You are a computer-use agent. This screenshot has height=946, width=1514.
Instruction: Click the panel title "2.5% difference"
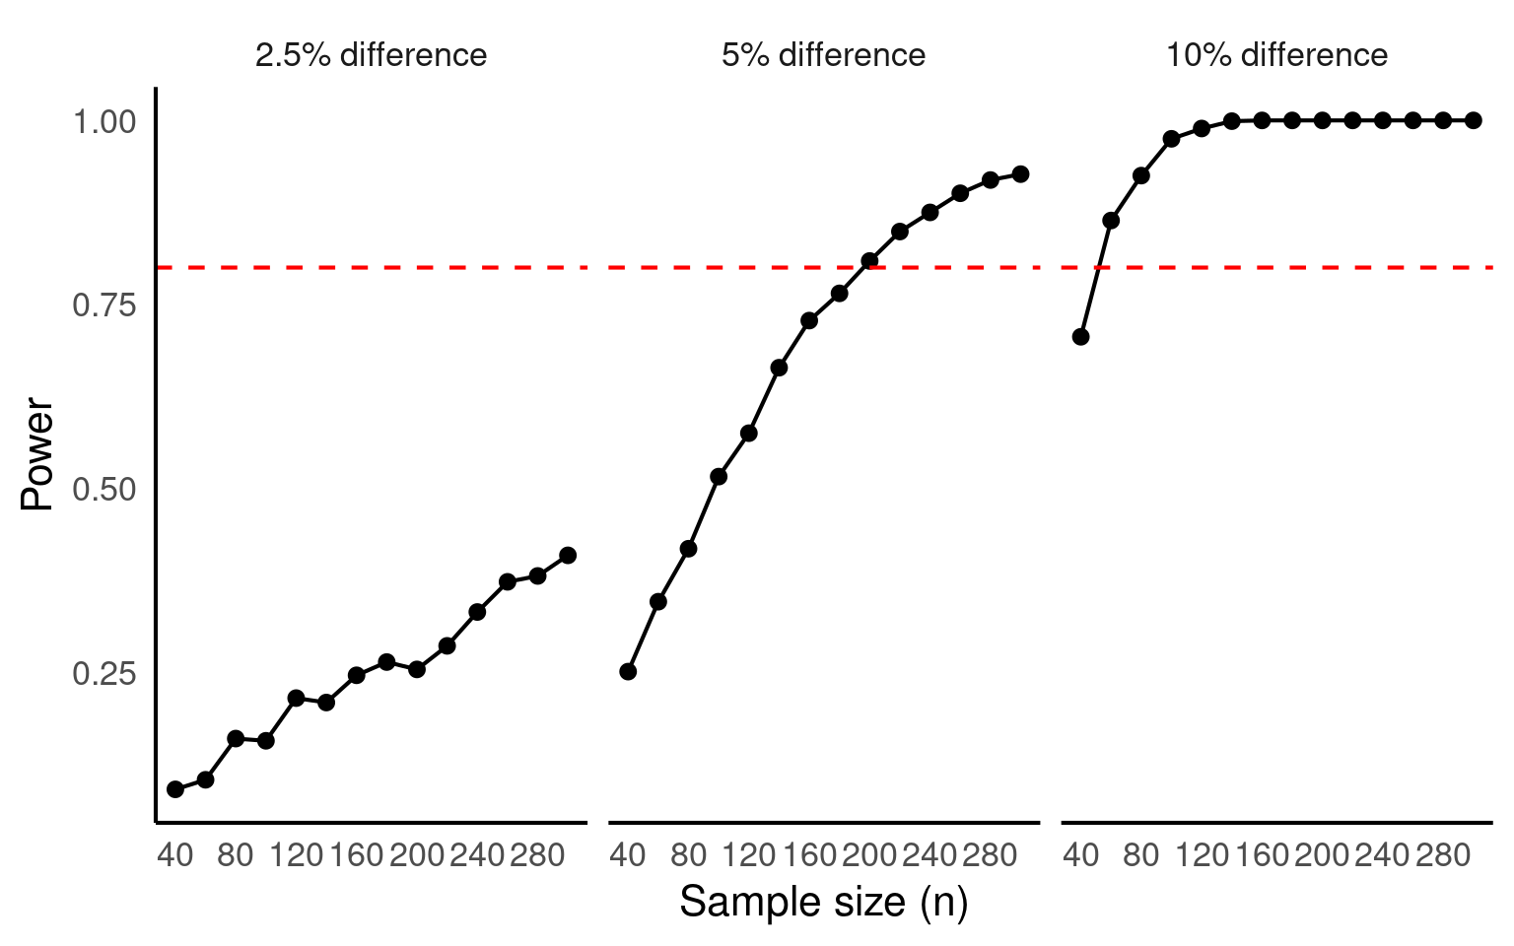coord(371,55)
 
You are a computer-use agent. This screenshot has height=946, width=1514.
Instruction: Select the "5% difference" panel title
coord(823,55)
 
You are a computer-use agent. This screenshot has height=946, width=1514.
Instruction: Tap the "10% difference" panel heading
coord(1276,55)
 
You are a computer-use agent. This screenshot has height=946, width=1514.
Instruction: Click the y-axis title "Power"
coord(37,453)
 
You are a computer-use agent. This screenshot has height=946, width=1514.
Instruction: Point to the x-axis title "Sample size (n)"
coord(823,902)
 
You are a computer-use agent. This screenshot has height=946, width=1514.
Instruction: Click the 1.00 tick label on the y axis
coord(103,121)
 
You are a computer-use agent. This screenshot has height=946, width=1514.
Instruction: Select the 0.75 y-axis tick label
coord(103,305)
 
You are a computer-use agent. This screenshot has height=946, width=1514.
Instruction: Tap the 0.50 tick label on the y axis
coord(103,490)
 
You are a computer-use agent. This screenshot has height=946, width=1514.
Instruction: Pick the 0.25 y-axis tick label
coord(103,674)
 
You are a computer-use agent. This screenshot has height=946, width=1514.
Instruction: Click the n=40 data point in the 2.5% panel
coord(175,789)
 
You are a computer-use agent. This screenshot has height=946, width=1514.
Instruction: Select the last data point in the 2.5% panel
coord(568,556)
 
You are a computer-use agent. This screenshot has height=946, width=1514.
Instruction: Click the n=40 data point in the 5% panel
coord(628,672)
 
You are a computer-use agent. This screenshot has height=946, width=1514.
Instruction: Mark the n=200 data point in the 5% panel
coord(869,261)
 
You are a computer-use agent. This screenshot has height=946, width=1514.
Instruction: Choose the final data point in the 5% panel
coord(1020,174)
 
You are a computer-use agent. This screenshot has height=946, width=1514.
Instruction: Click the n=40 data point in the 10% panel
coord(1081,337)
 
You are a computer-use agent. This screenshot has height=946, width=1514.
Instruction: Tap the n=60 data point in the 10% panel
coord(1111,221)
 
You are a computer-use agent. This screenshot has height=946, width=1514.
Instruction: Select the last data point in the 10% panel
coord(1474,120)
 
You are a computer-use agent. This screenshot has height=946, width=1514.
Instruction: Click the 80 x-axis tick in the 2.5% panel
coord(236,854)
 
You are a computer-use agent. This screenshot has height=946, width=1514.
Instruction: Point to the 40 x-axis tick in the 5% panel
coord(628,854)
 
